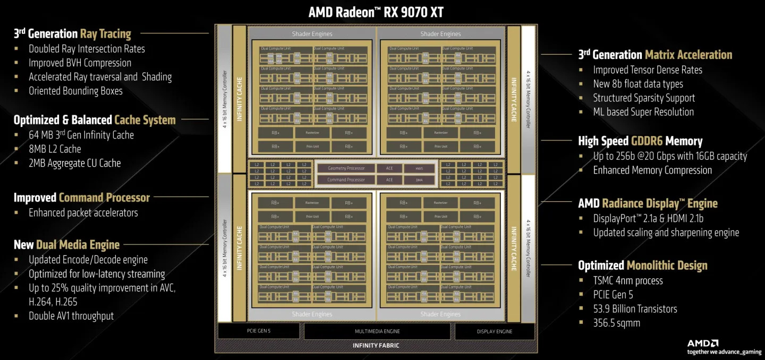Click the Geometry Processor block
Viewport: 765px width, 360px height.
[346, 168]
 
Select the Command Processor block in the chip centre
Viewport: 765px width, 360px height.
[346, 180]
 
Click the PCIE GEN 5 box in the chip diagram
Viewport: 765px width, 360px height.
[259, 331]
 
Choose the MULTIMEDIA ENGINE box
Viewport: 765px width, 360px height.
[377, 331]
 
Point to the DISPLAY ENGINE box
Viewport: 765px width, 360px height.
[494, 331]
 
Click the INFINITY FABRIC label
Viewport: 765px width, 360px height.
[376, 346]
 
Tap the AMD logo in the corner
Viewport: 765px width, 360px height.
[703, 344]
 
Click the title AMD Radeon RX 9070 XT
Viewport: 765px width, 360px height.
[376, 12]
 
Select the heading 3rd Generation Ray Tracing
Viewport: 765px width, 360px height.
[72, 34]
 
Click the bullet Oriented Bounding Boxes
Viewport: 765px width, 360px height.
[75, 91]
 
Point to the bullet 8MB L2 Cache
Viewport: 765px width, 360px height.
[55, 149]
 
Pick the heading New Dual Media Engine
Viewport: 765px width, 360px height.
[67, 245]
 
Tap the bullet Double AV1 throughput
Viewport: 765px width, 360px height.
[71, 316]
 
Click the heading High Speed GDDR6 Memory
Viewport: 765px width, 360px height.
[640, 141]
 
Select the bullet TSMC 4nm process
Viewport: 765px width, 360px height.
[628, 281]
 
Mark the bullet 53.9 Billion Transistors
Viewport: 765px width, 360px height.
[635, 309]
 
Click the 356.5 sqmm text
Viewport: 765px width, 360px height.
[616, 323]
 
